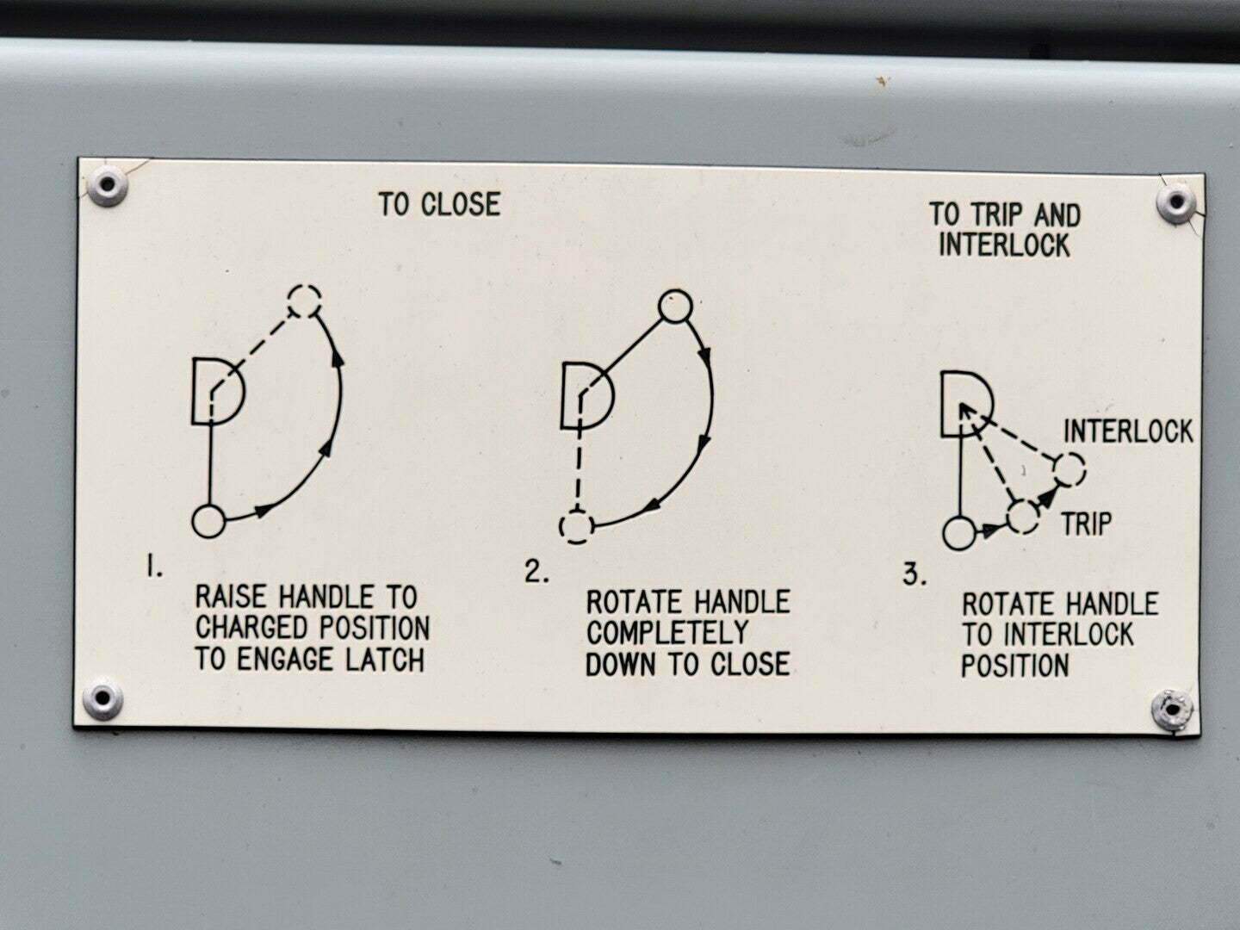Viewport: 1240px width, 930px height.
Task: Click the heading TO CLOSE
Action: pyautogui.click(x=439, y=204)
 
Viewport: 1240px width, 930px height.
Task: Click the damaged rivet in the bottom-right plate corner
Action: pyautogui.click(x=1173, y=710)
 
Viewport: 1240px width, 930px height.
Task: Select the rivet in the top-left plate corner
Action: pyautogui.click(x=106, y=185)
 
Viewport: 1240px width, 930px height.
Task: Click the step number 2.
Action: pyautogui.click(x=536, y=572)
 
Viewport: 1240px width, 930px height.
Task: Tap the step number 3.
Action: pyautogui.click(x=914, y=575)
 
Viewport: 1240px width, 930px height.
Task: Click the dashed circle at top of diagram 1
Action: pyautogui.click(x=305, y=301)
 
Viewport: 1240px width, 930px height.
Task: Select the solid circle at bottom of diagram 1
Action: pyautogui.click(x=209, y=521)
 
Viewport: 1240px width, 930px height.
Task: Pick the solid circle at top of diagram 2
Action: pyautogui.click(x=675, y=307)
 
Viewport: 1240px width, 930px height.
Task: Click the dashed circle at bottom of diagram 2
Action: pyautogui.click(x=577, y=525)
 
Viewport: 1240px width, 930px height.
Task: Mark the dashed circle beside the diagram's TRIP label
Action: pyautogui.click(x=1023, y=516)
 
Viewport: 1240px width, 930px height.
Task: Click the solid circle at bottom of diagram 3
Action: pyautogui.click(x=959, y=533)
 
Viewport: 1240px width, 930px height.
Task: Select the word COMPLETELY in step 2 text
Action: pyautogui.click(x=667, y=632)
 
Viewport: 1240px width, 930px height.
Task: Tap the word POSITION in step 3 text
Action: pyautogui.click(x=1015, y=665)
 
